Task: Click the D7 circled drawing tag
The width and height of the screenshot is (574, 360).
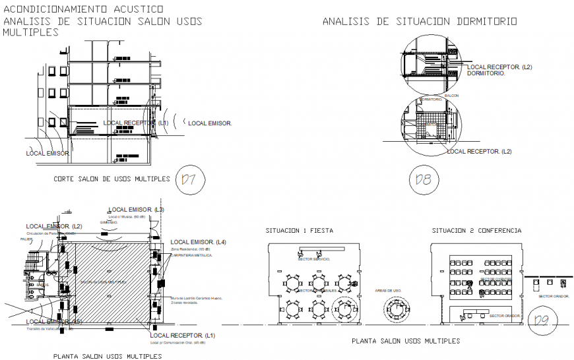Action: click(x=190, y=179)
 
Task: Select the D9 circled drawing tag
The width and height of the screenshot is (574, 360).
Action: click(x=542, y=321)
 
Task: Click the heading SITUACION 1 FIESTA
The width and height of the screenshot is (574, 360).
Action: click(x=299, y=231)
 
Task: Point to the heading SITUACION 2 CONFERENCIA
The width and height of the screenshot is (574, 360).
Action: click(x=476, y=231)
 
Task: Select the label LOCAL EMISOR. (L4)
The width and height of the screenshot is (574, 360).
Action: click(x=198, y=243)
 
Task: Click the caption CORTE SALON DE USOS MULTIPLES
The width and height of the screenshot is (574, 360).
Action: click(x=112, y=179)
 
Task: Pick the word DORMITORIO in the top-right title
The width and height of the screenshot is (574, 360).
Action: click(x=486, y=22)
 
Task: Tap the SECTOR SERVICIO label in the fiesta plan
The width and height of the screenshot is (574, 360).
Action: click(x=315, y=259)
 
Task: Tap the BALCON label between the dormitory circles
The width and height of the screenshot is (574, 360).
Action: click(x=452, y=96)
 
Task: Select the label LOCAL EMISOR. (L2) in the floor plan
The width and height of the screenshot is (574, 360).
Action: click(x=54, y=226)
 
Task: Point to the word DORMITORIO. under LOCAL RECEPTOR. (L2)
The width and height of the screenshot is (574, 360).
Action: click(x=486, y=74)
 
